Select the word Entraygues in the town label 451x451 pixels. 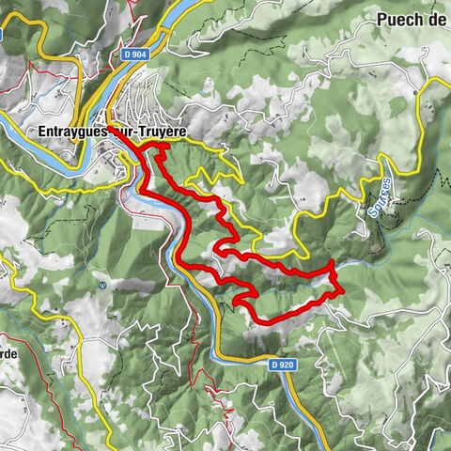[74, 132]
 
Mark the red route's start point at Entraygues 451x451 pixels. [109, 128]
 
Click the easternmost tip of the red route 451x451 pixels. [343, 289]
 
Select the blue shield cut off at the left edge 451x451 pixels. [3, 35]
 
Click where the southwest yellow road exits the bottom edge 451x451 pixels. [111, 449]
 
